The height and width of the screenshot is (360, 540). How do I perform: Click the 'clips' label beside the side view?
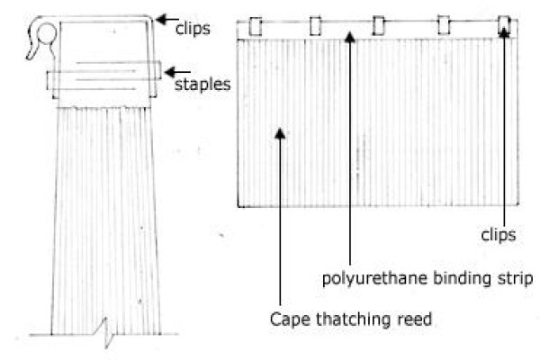tap(193, 28)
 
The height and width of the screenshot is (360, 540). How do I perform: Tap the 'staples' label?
tap(202, 85)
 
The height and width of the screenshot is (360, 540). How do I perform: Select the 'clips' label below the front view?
tap(499, 235)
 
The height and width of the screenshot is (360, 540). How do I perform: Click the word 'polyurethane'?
tap(375, 278)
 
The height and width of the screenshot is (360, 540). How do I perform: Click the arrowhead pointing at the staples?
tap(170, 72)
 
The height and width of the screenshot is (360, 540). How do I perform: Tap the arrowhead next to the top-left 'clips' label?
tap(162, 19)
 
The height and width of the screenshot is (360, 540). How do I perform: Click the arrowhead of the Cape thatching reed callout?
tap(280, 133)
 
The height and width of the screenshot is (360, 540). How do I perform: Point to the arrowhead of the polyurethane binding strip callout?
tap(350, 37)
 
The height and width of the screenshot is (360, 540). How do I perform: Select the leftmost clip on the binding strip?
tap(256, 26)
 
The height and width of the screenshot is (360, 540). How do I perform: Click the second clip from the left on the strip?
tap(316, 26)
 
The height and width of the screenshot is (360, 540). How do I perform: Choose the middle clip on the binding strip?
tap(379, 25)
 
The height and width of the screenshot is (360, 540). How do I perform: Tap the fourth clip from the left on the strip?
tap(444, 25)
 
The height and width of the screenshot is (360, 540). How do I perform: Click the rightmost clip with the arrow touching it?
tap(504, 25)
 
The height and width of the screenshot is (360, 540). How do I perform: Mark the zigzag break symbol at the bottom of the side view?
tap(107, 333)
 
